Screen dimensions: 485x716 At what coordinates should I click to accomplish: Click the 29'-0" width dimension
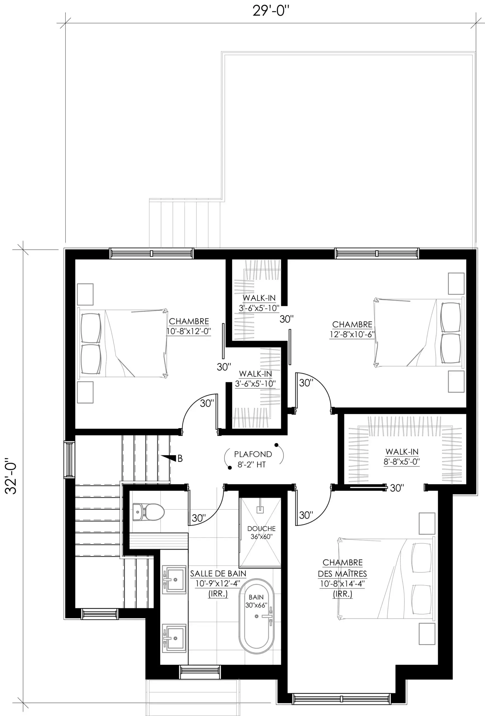(x=271, y=11)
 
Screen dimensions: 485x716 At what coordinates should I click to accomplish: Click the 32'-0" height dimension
(x=11, y=476)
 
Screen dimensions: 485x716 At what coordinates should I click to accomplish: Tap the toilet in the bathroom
(x=148, y=512)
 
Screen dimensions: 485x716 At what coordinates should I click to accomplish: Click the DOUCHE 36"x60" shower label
(x=261, y=532)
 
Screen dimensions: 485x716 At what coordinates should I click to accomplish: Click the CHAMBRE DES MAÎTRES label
(x=342, y=568)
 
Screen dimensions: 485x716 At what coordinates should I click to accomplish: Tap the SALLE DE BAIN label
(x=218, y=573)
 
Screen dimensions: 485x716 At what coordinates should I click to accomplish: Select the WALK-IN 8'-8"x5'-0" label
(x=402, y=456)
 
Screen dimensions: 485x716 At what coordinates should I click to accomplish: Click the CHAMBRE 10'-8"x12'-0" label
(x=188, y=326)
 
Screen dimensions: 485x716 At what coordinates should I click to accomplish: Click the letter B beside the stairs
(x=180, y=458)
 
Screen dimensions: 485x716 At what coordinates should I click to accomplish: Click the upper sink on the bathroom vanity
(x=174, y=580)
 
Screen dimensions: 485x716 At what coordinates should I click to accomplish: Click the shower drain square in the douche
(x=260, y=510)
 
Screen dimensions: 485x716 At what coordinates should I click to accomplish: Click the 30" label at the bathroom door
(x=199, y=518)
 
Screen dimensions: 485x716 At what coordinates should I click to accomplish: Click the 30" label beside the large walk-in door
(x=397, y=488)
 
